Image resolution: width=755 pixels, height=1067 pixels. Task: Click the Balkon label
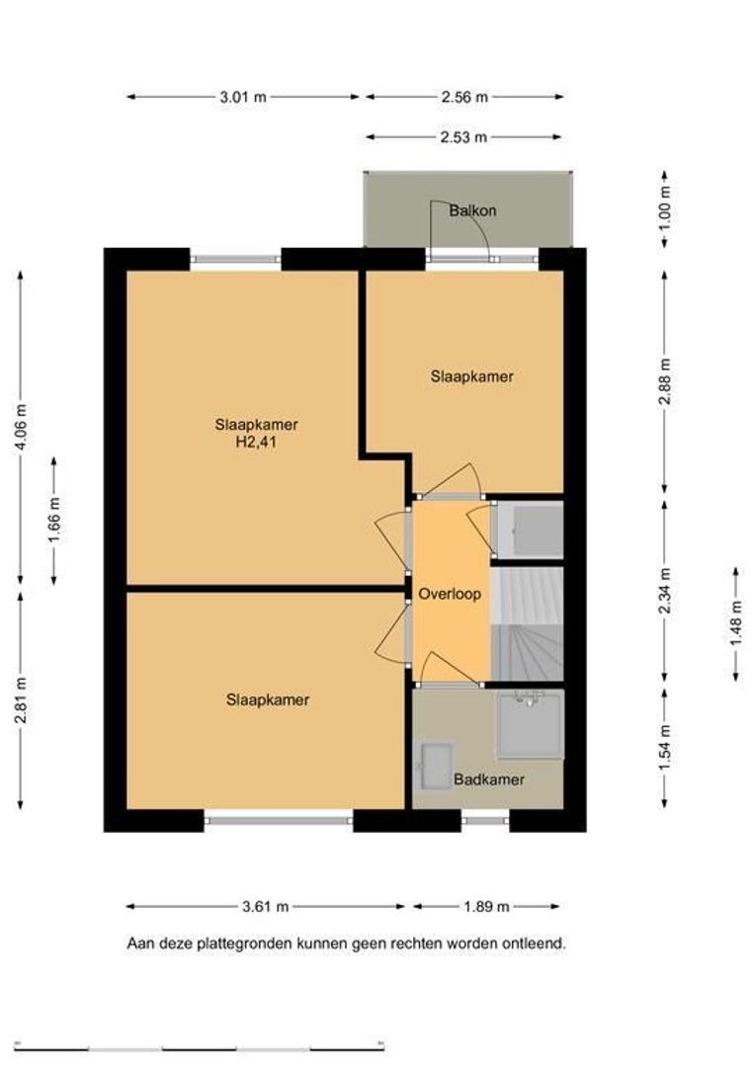pyautogui.click(x=472, y=210)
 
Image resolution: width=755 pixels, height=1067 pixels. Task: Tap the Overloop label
pyautogui.click(x=450, y=594)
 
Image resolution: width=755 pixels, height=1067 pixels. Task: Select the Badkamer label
pyautogui.click(x=489, y=780)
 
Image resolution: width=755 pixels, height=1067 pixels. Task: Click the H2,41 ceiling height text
pyautogui.click(x=256, y=443)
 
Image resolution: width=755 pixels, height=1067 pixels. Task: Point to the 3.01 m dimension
pyautogui.click(x=243, y=97)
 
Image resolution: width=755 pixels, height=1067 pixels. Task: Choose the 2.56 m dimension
pyautogui.click(x=464, y=97)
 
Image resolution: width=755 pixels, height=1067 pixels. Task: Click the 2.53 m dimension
pyautogui.click(x=463, y=136)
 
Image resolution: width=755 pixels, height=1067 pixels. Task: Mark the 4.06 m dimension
pyautogui.click(x=21, y=427)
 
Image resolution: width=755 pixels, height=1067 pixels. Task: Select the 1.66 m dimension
pyautogui.click(x=54, y=521)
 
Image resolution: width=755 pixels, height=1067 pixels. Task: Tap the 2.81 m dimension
pyautogui.click(x=21, y=700)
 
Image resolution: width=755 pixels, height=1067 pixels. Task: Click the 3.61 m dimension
pyautogui.click(x=266, y=906)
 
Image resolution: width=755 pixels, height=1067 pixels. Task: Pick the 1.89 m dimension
pyautogui.click(x=486, y=906)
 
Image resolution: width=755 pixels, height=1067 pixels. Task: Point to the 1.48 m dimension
pyautogui.click(x=736, y=624)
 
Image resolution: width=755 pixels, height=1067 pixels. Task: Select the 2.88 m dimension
pyautogui.click(x=665, y=381)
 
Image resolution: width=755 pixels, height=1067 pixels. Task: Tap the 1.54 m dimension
pyautogui.click(x=665, y=747)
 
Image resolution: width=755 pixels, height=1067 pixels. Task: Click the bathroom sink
pyautogui.click(x=436, y=767)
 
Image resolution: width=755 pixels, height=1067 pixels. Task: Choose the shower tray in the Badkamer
pyautogui.click(x=531, y=724)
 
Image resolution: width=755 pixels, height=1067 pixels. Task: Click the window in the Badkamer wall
pyautogui.click(x=485, y=821)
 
